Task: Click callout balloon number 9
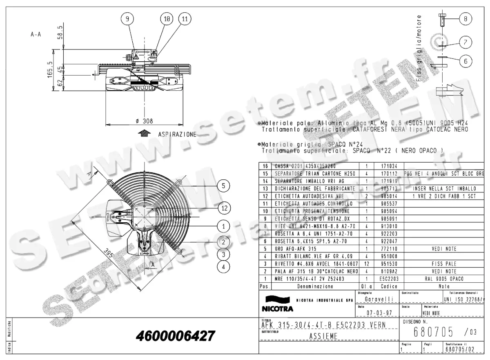pyautogui.click(x=127, y=19)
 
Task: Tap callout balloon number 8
pyautogui.click(x=465, y=18)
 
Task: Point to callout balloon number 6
pyautogui.click(x=465, y=61)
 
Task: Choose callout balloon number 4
pyautogui.click(x=223, y=267)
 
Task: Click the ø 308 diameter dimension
pyautogui.click(x=143, y=121)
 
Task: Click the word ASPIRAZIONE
pyautogui.click(x=177, y=134)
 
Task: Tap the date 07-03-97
pyautogui.click(x=376, y=313)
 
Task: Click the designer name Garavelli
pyautogui.click(x=376, y=299)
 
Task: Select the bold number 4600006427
pyautogui.click(x=175, y=336)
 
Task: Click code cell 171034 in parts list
pyautogui.click(x=389, y=167)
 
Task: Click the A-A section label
pyautogui.click(x=36, y=35)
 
